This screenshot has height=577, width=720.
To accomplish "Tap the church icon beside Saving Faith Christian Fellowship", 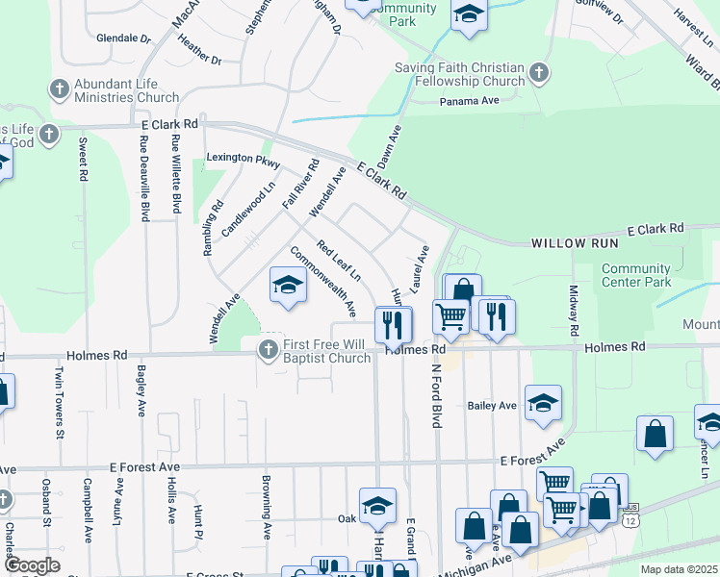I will (539, 72).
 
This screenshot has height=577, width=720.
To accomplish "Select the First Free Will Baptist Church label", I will (326, 352).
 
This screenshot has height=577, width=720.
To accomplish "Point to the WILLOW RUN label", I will (572, 244).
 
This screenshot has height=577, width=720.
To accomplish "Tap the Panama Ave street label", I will (470, 101).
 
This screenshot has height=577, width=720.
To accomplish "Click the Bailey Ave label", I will (492, 406).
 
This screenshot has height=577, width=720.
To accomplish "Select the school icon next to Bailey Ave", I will (543, 404).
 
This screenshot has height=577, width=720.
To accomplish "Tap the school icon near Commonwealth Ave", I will (288, 285).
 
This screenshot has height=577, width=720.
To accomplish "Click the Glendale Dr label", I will (124, 39).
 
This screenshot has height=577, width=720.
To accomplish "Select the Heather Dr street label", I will (200, 51).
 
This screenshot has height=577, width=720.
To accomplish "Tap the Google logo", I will (32, 565).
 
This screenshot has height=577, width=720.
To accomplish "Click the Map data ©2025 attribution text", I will (679, 569).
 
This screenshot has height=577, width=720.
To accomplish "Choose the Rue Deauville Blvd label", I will (143, 177).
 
